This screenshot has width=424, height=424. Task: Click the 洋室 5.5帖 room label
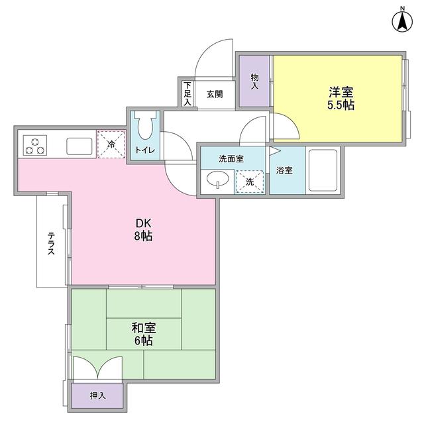point(340,98)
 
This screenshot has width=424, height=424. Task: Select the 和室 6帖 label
point(142,334)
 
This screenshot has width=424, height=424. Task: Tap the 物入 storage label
point(254,81)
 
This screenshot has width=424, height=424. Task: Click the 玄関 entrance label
point(214,94)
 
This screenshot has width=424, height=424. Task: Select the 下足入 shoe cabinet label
point(187,93)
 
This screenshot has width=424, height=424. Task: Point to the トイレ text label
point(145,150)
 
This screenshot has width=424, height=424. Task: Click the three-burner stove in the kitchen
point(34,145)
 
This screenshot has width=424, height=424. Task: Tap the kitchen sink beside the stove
point(78,145)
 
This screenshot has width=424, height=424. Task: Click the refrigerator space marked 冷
point(111,144)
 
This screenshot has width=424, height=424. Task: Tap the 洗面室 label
point(231,159)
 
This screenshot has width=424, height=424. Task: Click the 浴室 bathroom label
point(285,170)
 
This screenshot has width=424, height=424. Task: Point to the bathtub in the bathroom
point(323,170)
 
